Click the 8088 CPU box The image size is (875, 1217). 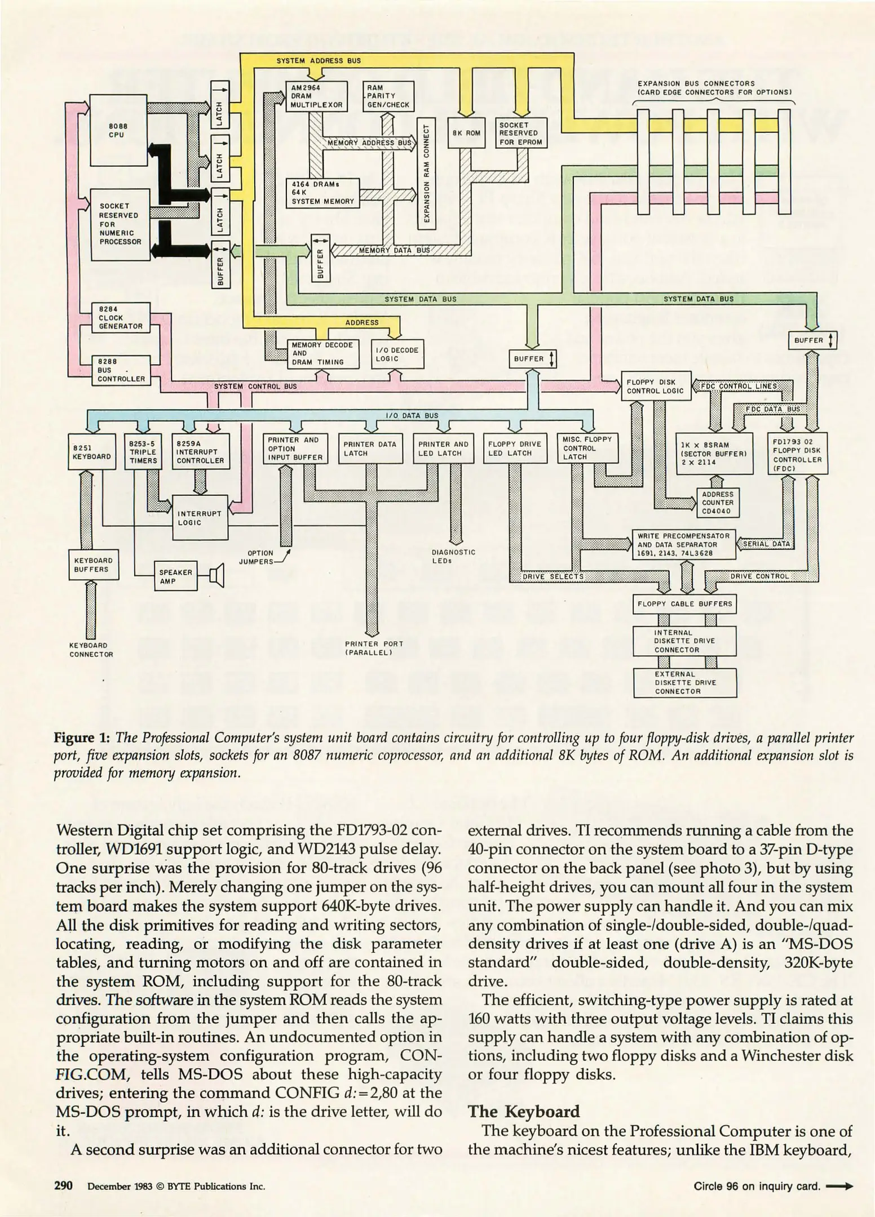point(111,130)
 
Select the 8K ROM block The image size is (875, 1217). point(466,133)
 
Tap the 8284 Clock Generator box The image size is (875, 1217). point(121,317)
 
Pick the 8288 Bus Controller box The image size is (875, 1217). point(121,370)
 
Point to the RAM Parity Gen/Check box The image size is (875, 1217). point(388,96)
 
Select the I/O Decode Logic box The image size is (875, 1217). point(397,354)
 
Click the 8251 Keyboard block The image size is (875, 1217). point(91,451)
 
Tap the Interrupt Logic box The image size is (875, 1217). point(200,517)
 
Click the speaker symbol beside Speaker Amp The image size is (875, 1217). point(216,575)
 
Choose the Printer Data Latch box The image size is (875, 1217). point(370,448)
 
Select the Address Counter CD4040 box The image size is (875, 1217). point(718,503)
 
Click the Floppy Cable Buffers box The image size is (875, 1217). point(684,604)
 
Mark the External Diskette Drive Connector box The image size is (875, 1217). point(684,682)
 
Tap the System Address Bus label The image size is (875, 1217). point(319,61)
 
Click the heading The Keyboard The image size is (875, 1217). point(524,1111)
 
